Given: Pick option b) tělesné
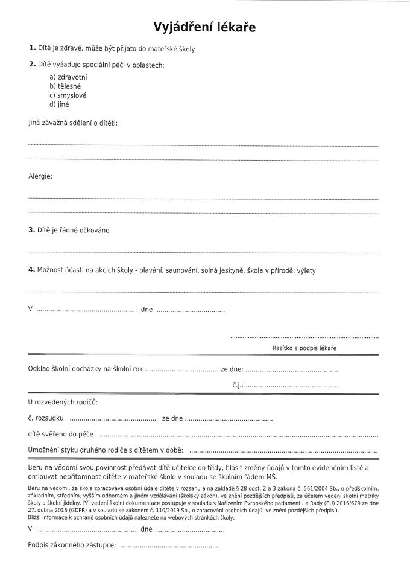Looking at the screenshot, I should point(63,86).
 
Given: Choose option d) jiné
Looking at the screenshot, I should point(59,104).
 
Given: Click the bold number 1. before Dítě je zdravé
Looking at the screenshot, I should point(32,48).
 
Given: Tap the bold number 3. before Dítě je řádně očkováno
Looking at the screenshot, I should point(32,230).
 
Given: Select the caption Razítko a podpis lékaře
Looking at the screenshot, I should point(304,349).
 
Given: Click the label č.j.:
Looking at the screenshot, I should point(237,384).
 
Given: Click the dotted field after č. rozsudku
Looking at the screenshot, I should point(113,418).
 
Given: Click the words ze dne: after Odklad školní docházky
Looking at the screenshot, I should point(232,368).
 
